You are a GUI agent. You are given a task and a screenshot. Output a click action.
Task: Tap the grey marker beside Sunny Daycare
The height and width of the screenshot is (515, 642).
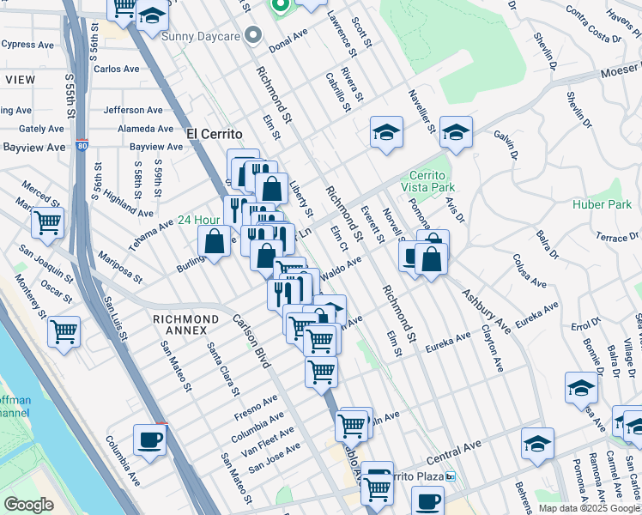252,35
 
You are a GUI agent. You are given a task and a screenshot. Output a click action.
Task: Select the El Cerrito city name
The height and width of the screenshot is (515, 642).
215,134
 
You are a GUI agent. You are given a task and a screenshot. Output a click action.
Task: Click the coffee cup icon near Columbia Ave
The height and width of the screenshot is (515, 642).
149,440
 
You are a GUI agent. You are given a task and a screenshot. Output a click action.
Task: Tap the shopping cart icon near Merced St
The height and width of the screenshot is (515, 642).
47,223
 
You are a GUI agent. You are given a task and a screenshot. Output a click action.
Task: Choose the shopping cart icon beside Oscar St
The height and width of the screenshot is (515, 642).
64,331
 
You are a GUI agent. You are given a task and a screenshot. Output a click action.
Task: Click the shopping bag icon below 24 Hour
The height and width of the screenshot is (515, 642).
215,242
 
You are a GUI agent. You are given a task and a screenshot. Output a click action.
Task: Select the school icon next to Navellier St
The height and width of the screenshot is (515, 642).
386,132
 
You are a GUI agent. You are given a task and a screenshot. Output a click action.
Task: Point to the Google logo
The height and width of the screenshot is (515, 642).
28,505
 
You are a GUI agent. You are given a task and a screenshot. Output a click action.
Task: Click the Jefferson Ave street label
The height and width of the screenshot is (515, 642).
133,110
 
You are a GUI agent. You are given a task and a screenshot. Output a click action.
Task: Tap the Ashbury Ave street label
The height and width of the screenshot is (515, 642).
487,311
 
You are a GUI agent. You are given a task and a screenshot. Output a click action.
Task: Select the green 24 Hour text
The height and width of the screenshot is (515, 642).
199,220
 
